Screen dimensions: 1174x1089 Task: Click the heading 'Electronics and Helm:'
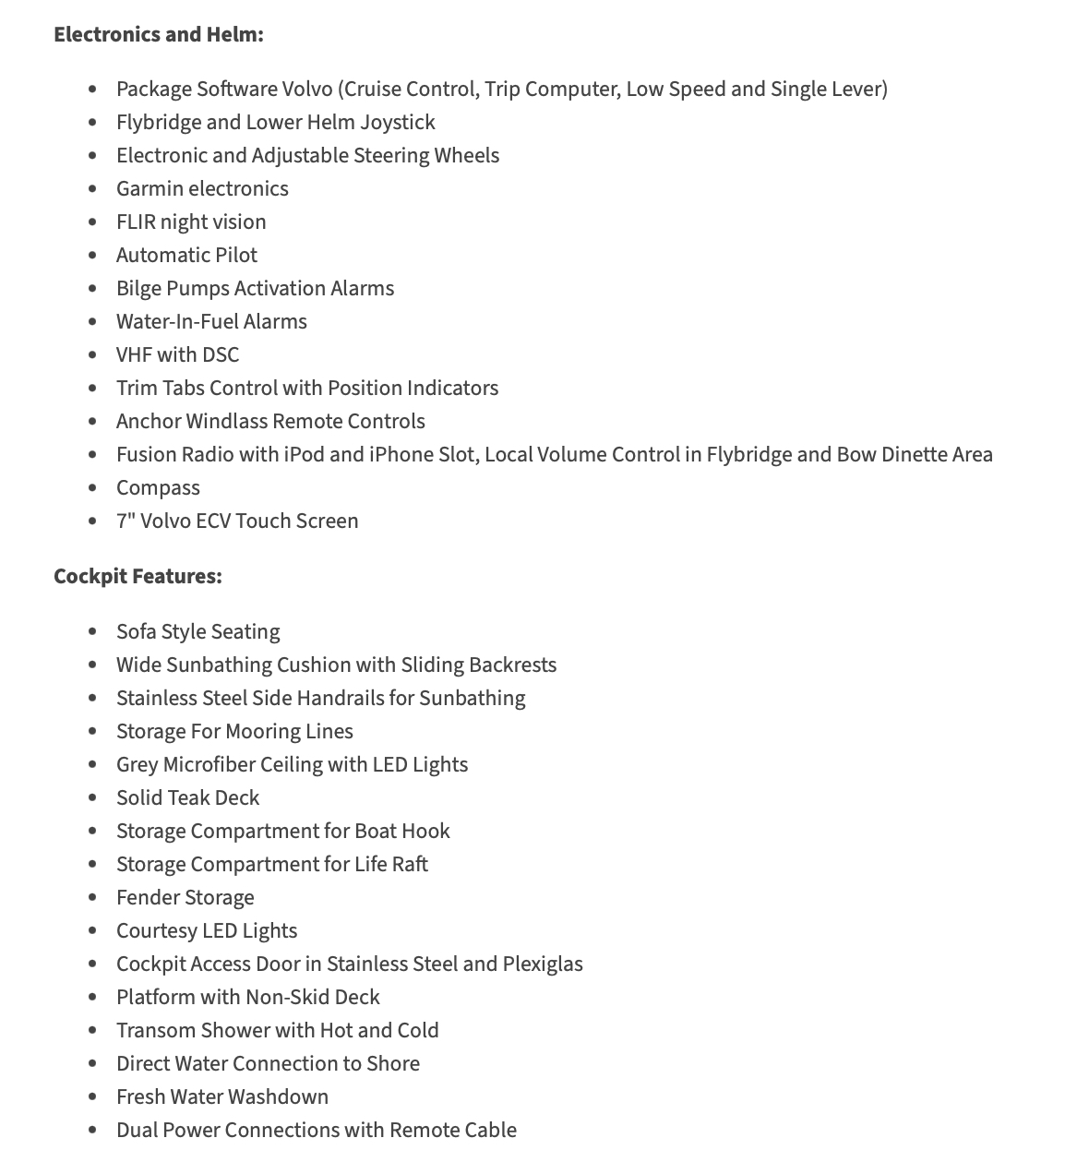pyautogui.click(x=158, y=34)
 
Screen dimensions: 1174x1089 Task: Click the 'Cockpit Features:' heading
pyautogui.click(x=138, y=576)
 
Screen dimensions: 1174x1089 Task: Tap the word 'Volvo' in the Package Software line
pyautogui.click(x=307, y=89)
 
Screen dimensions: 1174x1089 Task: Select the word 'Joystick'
pyautogui.click(x=398, y=122)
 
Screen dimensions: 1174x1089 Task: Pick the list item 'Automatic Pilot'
pyautogui.click(x=186, y=255)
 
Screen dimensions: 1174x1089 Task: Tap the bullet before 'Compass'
pyautogui.click(x=92, y=488)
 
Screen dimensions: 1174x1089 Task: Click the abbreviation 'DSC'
pyautogui.click(x=220, y=354)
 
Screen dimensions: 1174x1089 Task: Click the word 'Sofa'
pyautogui.click(x=136, y=631)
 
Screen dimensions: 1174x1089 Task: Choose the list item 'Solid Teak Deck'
pyautogui.click(x=187, y=797)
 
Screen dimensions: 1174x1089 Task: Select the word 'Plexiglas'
pyautogui.click(x=543, y=964)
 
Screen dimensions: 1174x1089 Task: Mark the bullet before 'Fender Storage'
pyautogui.click(x=92, y=898)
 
